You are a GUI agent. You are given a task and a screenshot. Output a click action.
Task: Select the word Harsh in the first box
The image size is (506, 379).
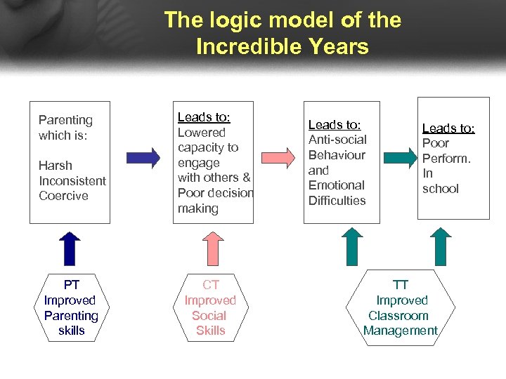56,166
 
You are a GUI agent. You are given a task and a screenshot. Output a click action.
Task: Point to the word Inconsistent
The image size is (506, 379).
72,180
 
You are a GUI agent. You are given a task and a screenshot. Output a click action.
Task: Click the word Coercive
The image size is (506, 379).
63,196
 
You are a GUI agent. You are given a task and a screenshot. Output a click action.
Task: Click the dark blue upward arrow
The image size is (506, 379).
70,248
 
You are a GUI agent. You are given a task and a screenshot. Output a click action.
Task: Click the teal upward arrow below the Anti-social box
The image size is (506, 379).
351,248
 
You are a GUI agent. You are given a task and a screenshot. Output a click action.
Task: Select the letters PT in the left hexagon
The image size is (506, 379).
71,285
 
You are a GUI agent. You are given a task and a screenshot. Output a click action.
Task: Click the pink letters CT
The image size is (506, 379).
210,285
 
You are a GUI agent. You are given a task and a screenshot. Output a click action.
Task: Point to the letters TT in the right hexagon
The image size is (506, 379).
401,285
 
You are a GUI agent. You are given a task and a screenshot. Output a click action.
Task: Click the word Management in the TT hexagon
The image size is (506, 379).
401,331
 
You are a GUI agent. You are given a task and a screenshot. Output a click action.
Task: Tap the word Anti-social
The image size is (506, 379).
337,140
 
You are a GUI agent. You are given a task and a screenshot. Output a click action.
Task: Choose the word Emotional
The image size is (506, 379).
337,185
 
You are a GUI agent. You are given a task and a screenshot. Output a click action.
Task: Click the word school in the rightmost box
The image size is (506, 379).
441,188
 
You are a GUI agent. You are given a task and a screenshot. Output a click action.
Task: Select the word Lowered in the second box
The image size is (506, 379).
202,132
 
